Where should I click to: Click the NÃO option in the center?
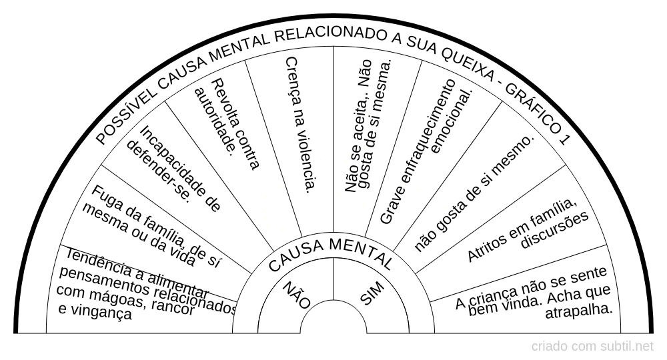pos(297,295)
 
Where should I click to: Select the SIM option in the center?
pos(372,293)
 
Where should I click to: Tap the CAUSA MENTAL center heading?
pos(331,253)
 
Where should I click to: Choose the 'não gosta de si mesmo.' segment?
pos(475,193)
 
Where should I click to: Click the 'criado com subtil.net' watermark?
pos(592,346)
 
